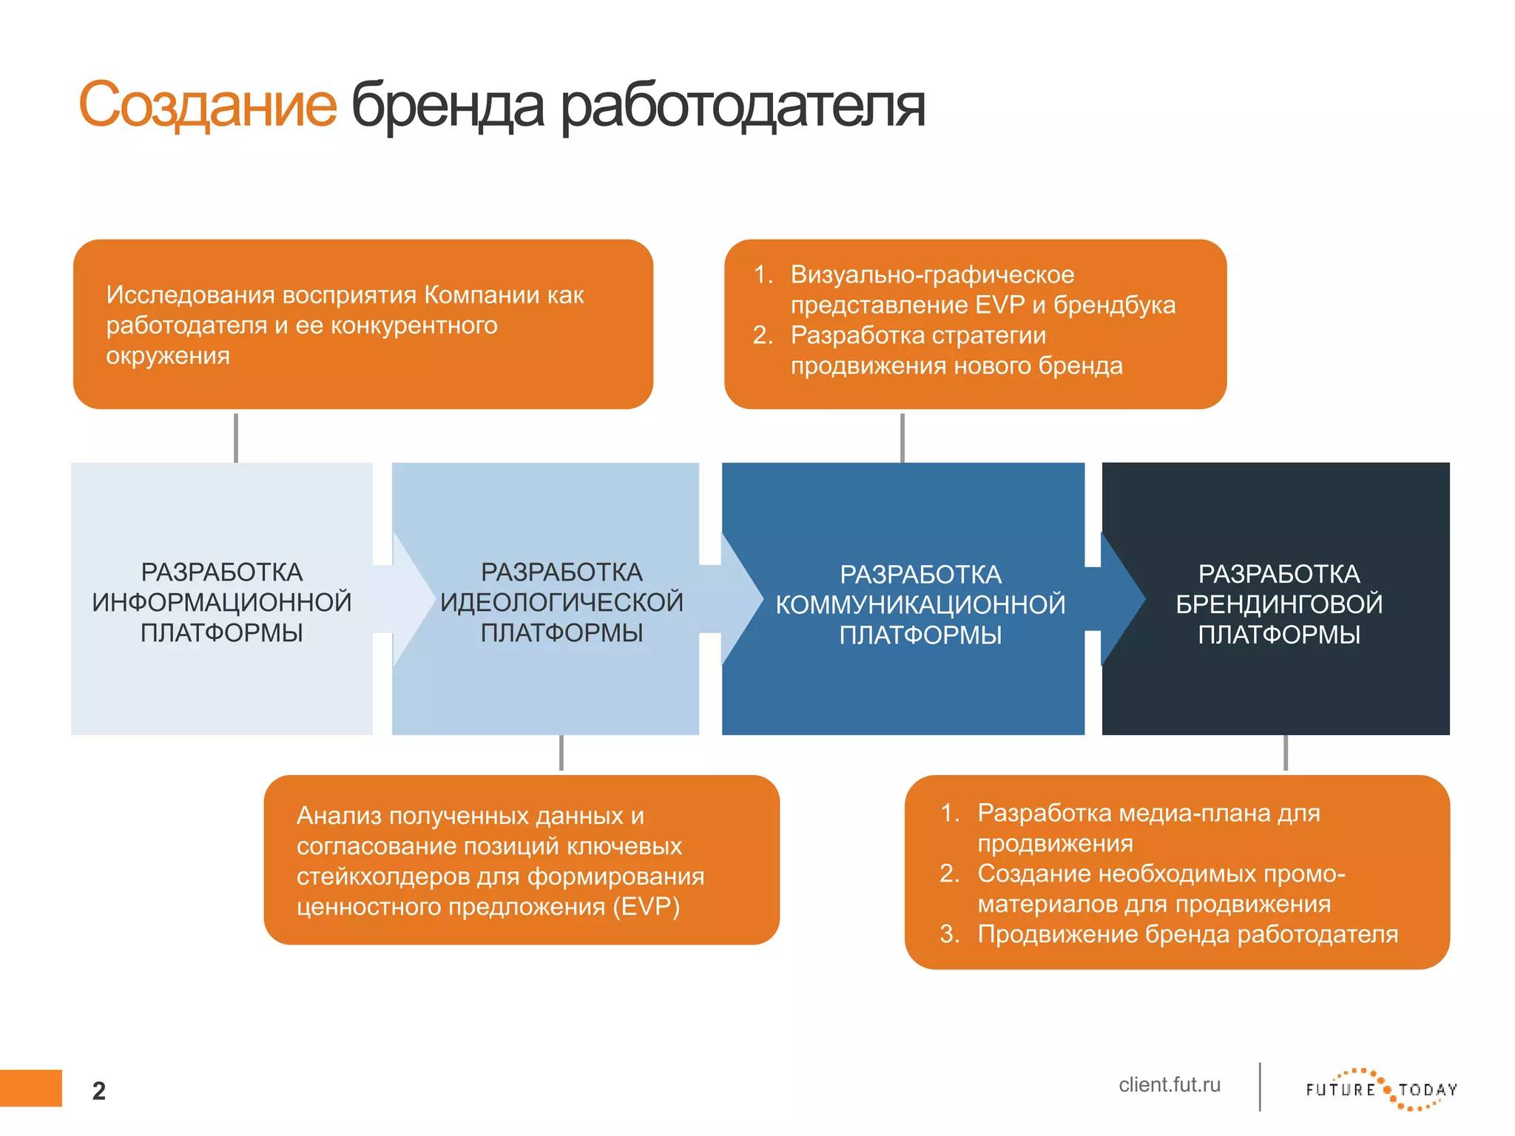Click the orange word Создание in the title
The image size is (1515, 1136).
point(208,105)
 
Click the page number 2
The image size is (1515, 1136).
point(99,1091)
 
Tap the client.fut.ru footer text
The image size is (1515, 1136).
point(1169,1085)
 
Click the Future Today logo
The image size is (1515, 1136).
point(1381,1089)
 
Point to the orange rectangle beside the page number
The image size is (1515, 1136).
point(30,1088)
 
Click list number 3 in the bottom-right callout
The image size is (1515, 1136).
point(949,934)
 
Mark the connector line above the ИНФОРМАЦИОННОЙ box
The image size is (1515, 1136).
point(236,437)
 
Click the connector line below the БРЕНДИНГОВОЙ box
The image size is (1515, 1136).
point(1286,753)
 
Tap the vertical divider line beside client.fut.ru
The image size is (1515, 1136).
point(1260,1086)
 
